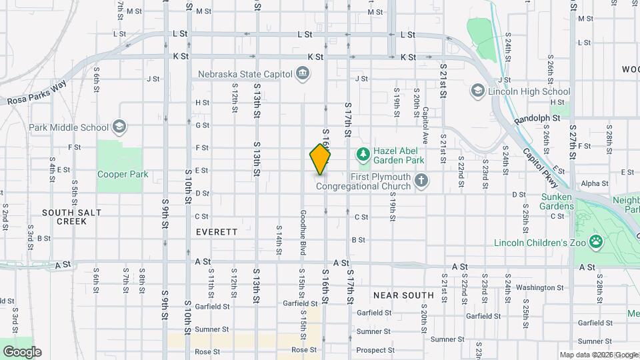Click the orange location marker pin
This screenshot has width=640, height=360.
click(x=320, y=159)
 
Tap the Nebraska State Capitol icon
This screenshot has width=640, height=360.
click(x=303, y=73)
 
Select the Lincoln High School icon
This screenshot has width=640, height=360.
click(x=477, y=91)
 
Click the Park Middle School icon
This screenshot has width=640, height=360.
click(x=119, y=127)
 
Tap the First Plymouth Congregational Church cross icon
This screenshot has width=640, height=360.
click(x=421, y=180)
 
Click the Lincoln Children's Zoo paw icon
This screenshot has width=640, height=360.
click(x=597, y=242)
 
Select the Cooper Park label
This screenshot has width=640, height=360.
click(x=122, y=175)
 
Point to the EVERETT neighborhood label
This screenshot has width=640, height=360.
click(x=217, y=232)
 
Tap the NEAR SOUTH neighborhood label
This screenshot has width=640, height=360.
click(x=403, y=295)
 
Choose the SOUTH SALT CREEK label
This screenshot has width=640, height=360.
click(x=71, y=216)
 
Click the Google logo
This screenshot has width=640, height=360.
click(x=22, y=351)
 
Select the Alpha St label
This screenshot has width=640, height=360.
click(x=590, y=183)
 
